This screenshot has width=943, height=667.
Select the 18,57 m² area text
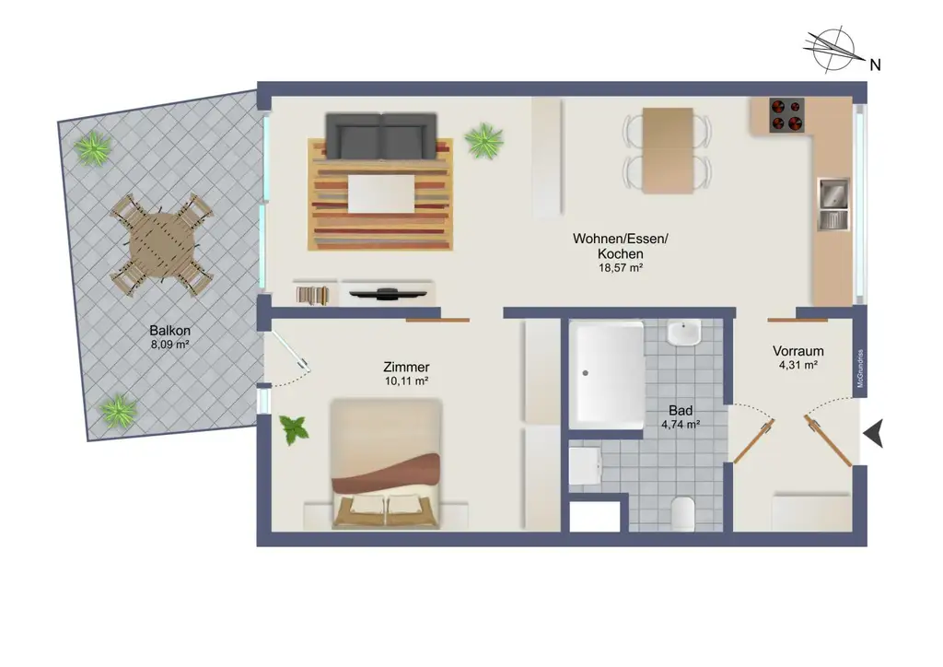coord(620,268)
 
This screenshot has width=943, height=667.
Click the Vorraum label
coord(797,351)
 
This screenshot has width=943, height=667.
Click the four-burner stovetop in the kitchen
coord(786,114)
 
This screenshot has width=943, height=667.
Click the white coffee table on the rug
coord(381,193)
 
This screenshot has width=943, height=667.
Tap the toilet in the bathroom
coord(682,514)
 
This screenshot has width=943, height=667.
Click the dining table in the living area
coord(668,150)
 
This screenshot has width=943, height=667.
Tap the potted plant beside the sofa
coord(483,140)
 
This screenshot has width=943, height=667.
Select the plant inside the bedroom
coord(294,429)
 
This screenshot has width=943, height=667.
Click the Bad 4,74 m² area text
coord(681,425)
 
